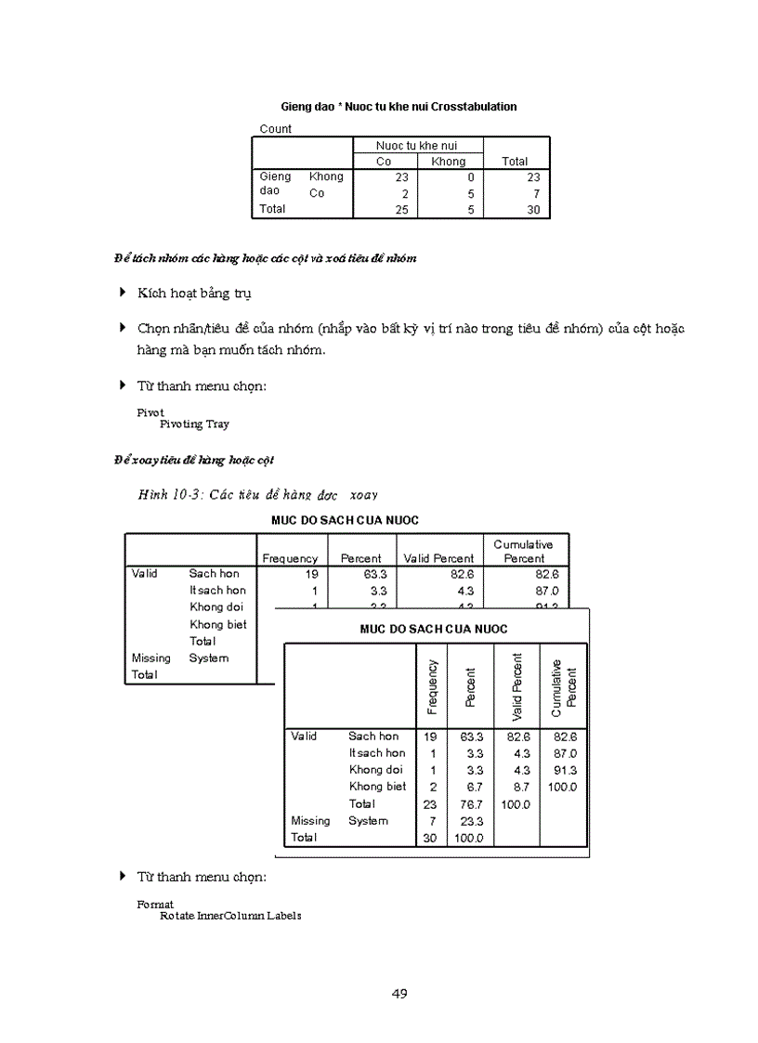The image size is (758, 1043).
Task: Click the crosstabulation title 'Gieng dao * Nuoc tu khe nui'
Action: (399, 107)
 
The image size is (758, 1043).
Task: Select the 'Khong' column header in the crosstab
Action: (449, 162)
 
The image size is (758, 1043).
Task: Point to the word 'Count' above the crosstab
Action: (276, 129)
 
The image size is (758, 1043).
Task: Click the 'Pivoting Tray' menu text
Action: (194, 424)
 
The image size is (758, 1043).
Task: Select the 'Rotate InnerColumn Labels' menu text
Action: (230, 916)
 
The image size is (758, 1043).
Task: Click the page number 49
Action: (399, 994)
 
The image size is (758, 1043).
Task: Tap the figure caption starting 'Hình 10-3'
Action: (258, 495)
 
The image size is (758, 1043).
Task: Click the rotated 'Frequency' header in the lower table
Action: (432, 687)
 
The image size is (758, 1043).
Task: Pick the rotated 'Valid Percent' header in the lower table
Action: (516, 687)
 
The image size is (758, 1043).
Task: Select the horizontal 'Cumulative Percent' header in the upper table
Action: (524, 552)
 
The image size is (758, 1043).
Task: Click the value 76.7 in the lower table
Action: (474, 804)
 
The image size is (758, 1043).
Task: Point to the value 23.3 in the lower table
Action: (474, 821)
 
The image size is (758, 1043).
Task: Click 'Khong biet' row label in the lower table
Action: (377, 787)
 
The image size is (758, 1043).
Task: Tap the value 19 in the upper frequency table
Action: (311, 574)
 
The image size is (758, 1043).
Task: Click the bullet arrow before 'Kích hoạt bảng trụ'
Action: (123, 293)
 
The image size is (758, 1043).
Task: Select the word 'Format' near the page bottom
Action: (155, 904)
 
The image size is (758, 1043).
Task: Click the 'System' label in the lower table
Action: (368, 821)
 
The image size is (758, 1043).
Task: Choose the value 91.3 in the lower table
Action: (564, 770)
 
